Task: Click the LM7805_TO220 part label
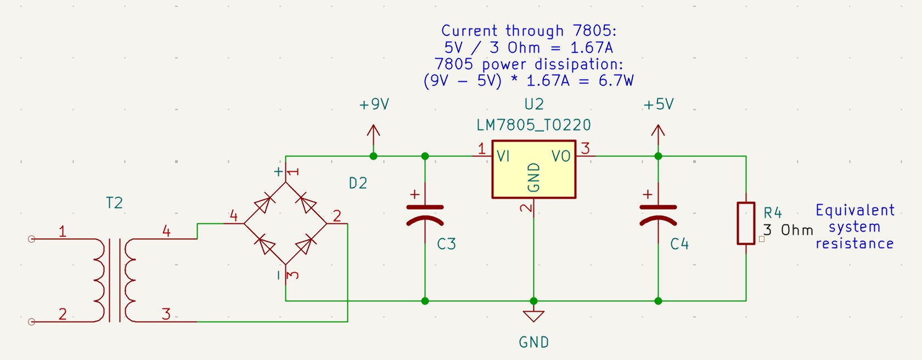click(x=533, y=125)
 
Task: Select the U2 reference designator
click(x=533, y=104)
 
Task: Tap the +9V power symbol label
click(x=374, y=104)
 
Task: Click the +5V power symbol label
click(x=658, y=104)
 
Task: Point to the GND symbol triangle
click(x=533, y=316)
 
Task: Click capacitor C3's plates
click(x=425, y=215)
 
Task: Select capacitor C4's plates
click(x=658, y=215)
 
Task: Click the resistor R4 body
click(x=746, y=223)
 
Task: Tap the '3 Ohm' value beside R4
click(x=788, y=230)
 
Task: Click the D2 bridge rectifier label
click(x=358, y=183)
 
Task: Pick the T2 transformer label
click(x=114, y=203)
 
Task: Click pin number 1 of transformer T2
click(x=63, y=232)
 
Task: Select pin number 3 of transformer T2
click(x=166, y=314)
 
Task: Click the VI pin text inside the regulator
click(x=503, y=156)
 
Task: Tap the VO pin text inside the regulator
click(x=561, y=156)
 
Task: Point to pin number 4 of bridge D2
click(x=234, y=216)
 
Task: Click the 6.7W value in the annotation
click(x=616, y=81)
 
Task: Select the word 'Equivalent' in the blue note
click(x=854, y=210)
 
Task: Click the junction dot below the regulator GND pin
click(x=533, y=301)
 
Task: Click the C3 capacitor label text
click(x=446, y=244)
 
